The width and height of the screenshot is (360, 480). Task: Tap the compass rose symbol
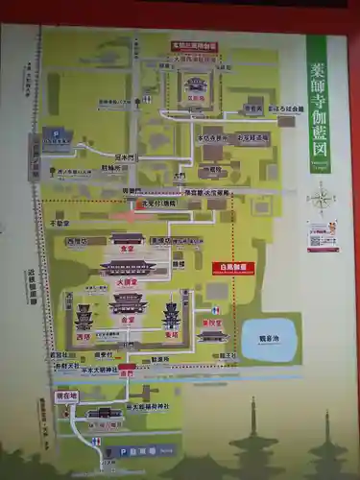point(322,199)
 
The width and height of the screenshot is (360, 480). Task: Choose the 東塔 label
point(174,336)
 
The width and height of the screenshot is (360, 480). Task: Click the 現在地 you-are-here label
point(67,396)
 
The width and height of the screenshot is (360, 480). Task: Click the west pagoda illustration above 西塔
point(84,316)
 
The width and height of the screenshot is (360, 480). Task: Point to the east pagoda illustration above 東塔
point(172,314)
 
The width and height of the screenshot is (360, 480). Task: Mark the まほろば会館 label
point(286,108)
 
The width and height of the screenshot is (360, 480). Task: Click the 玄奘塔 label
point(196,96)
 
